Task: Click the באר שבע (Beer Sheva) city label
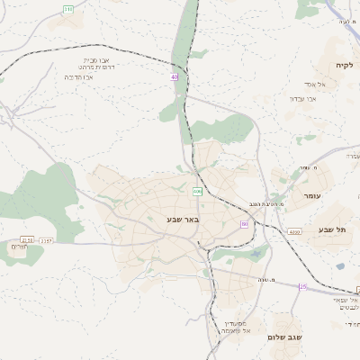click(x=182, y=219)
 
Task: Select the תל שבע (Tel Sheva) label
click(x=331, y=229)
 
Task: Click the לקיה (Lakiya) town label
click(x=345, y=66)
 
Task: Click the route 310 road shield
click(x=68, y=9)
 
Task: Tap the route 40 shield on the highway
click(x=174, y=77)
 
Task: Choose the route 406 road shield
click(x=197, y=191)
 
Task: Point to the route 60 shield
click(x=244, y=223)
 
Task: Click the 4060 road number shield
click(x=294, y=232)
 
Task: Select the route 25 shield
click(x=302, y=286)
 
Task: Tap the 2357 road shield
click(x=47, y=240)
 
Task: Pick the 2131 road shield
click(x=27, y=240)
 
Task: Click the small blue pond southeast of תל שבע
click(x=340, y=265)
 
